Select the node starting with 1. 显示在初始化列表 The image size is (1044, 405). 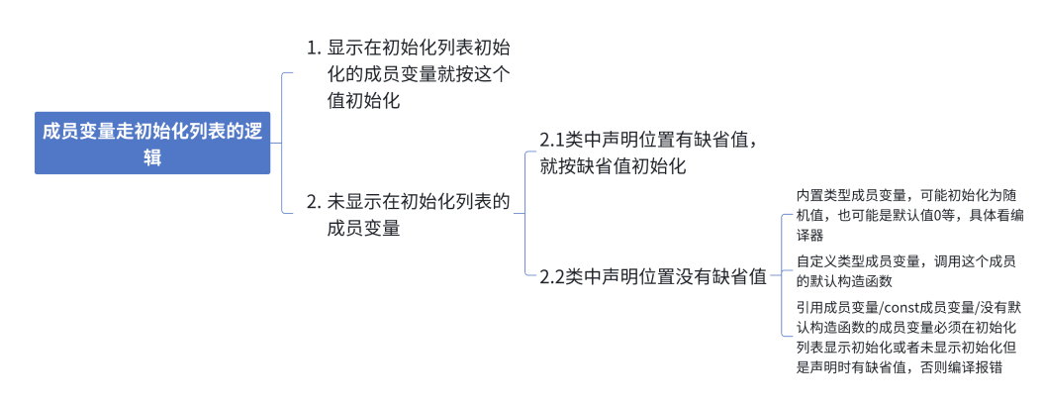(x=408, y=73)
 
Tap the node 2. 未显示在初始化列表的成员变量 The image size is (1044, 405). (x=408, y=215)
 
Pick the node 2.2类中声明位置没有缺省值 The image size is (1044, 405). (x=653, y=276)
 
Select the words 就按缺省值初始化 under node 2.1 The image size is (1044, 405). (x=614, y=165)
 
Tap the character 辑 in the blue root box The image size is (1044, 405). (x=152, y=156)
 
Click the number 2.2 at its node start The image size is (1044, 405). (x=552, y=277)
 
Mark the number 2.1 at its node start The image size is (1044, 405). (x=552, y=140)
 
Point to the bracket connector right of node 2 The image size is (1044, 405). (x=523, y=213)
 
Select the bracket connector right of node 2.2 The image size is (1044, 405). (x=782, y=276)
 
